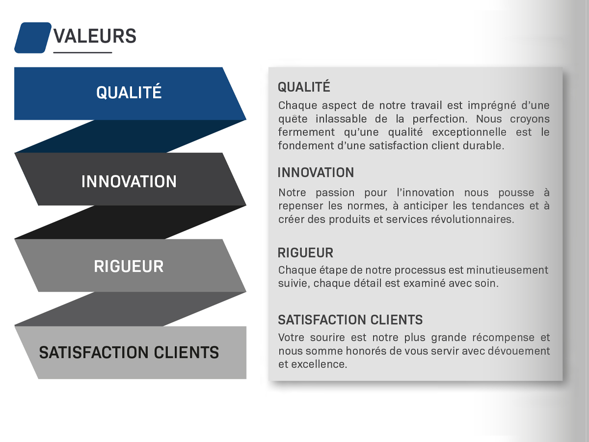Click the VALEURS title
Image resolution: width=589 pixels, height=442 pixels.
[95, 36]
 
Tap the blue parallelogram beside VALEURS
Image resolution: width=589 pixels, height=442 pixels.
[33, 38]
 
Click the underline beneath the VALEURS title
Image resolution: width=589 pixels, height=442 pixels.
[82, 53]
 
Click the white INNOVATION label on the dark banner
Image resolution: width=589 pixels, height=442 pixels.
[129, 181]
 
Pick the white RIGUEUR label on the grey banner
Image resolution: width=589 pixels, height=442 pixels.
[129, 267]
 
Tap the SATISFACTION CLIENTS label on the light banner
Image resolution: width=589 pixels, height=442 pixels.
[129, 352]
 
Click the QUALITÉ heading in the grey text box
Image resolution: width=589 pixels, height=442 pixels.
[304, 87]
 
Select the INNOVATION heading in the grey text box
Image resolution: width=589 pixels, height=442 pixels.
[316, 172]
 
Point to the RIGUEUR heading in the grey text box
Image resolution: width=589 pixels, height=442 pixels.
[305, 253]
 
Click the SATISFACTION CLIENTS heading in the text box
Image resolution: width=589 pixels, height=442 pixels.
[350, 320]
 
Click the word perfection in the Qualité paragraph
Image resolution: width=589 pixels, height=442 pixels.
[440, 119]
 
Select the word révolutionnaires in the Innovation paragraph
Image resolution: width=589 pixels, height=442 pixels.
[473, 220]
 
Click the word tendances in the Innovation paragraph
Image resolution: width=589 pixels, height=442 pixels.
[498, 206]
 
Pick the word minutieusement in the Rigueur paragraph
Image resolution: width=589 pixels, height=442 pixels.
[507, 270]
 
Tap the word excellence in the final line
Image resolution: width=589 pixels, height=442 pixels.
[319, 364]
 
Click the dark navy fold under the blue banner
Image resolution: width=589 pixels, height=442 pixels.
[131, 136]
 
